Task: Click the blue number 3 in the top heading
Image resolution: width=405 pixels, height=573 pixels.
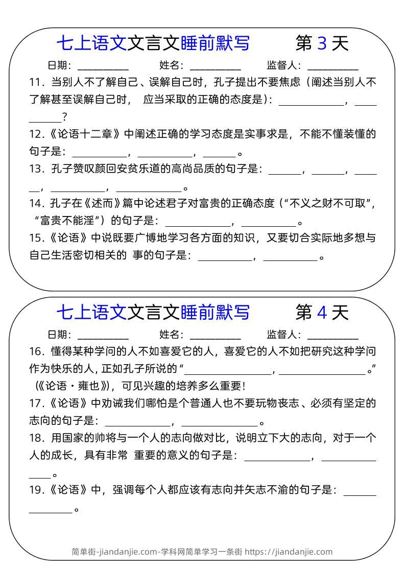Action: coord(322,44)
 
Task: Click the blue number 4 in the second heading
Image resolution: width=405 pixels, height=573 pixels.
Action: coord(322,312)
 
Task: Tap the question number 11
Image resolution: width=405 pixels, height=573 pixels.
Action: coord(35,82)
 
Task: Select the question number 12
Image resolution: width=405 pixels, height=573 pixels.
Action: coord(35,134)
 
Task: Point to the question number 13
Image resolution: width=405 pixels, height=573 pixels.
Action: coord(35,169)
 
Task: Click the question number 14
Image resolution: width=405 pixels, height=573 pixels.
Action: coord(35,203)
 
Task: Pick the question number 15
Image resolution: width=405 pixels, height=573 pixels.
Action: coord(35,237)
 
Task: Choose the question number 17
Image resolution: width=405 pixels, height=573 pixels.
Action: coord(35,403)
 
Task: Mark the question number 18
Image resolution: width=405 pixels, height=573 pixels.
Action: coord(35,438)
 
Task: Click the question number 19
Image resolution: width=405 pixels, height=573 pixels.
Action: coord(35,490)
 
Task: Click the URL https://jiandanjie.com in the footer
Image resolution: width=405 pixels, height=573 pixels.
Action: coord(289,552)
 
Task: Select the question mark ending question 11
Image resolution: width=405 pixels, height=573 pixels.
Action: coord(65,117)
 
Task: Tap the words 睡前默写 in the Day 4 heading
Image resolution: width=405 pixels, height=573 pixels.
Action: coord(215,312)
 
